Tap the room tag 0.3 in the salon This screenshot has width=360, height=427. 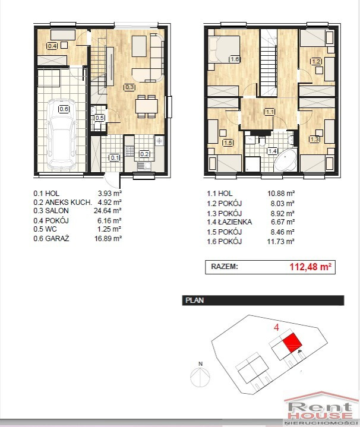coord(130,87)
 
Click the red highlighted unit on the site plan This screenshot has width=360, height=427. coord(292,342)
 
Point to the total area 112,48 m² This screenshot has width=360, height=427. coord(311,267)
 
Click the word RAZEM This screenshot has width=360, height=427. coord(225,266)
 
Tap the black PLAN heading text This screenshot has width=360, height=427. coord(194,301)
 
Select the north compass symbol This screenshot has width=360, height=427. coord(200,375)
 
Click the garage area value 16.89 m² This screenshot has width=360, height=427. coord(108,239)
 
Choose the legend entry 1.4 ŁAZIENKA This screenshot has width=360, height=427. coord(229,222)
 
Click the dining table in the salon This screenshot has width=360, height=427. coord(147,106)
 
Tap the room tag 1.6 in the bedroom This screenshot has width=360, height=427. coord(234,59)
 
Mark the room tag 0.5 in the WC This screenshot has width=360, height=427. coord(99,118)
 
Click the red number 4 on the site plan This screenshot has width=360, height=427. coord(276,327)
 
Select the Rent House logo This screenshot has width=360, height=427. coord(321,409)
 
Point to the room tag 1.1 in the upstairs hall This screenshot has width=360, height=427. coord(270,112)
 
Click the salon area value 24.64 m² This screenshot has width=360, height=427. coord(108,210)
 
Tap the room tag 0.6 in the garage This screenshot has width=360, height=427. coord(64,109)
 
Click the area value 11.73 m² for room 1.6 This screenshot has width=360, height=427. coord(281,242)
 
